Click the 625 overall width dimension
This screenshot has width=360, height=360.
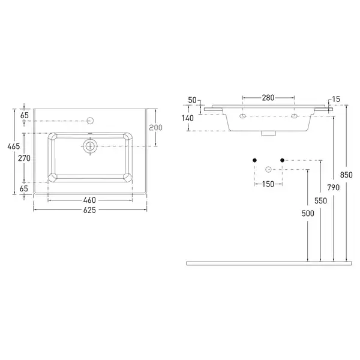point(89,210)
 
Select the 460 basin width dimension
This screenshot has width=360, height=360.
point(89,200)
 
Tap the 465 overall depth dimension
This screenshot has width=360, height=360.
point(14,146)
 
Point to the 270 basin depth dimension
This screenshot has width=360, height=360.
point(24,158)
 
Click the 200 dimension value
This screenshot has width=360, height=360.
point(155,127)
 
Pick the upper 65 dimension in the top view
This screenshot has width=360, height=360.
point(25,115)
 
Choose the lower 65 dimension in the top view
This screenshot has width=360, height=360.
point(23,188)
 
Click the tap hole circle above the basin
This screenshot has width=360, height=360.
point(91,121)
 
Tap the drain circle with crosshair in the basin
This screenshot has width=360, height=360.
point(90,146)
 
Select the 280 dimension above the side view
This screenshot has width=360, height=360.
point(268,98)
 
